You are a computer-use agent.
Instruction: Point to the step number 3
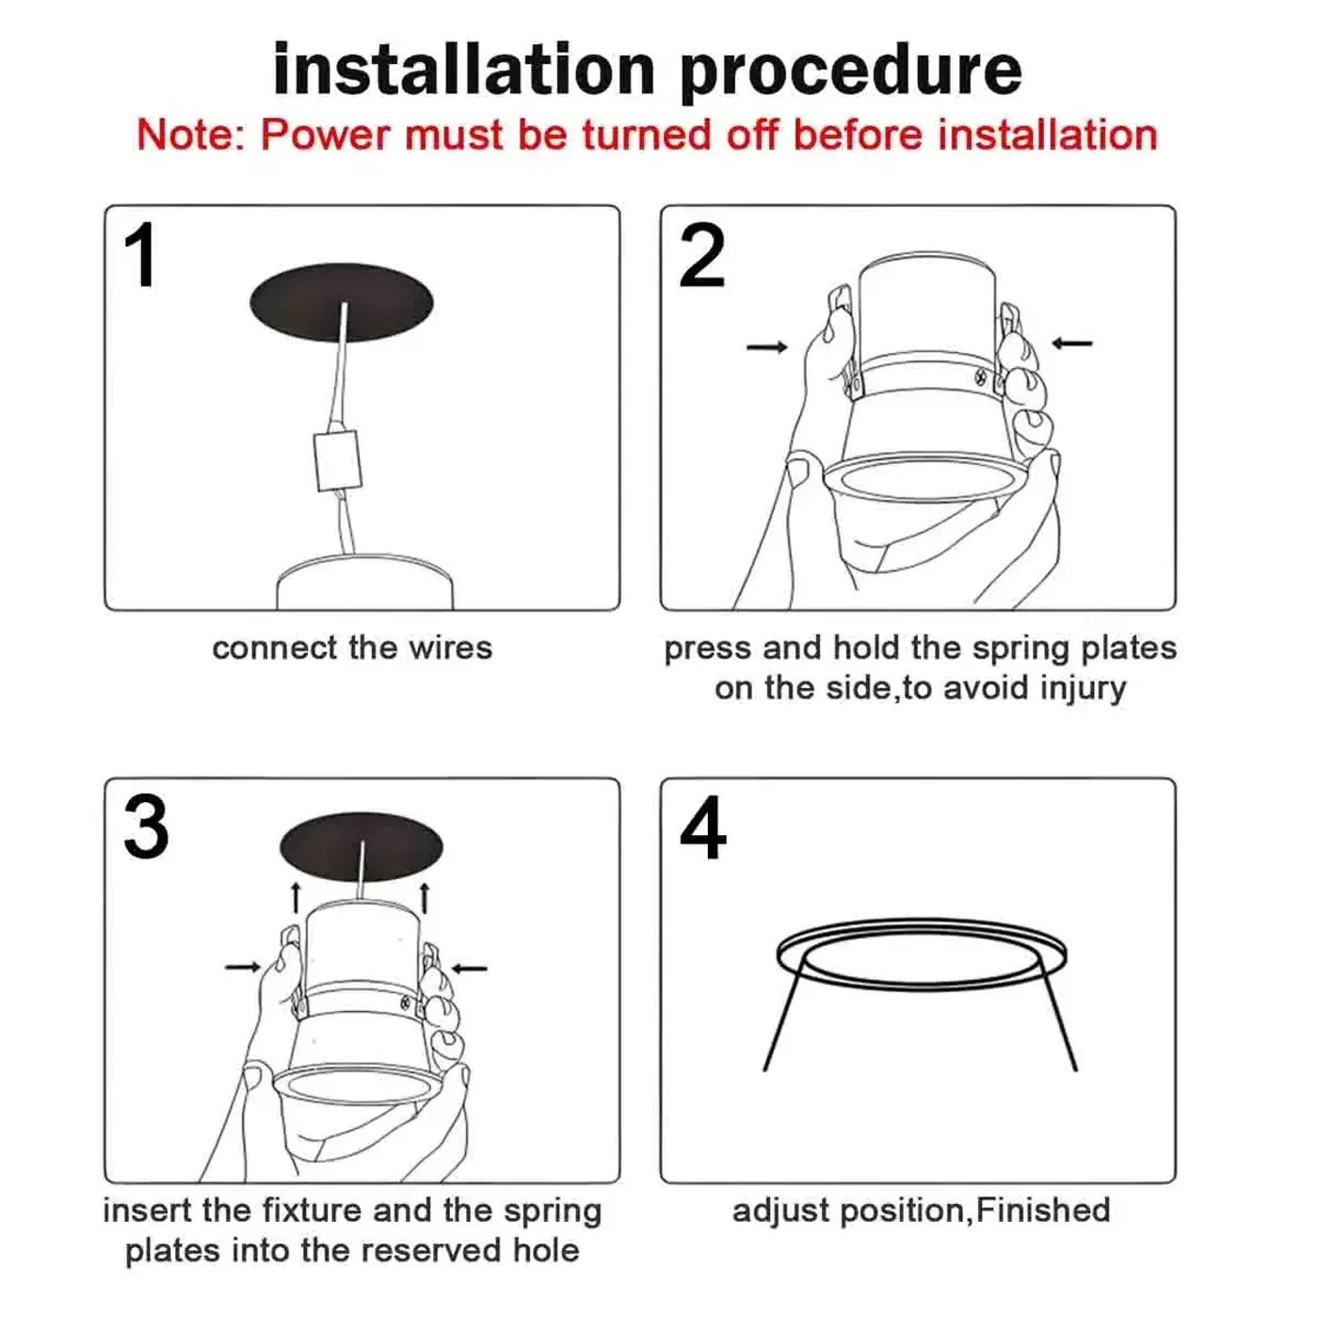146,828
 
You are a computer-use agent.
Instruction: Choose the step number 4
703,828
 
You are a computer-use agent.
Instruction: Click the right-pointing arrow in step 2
766,347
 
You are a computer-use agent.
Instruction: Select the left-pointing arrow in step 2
1071,343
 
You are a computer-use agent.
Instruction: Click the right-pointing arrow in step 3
243,967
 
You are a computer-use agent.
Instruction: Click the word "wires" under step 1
450,649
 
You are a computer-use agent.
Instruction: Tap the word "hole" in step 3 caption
546,1251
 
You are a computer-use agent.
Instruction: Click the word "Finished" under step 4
1042,1210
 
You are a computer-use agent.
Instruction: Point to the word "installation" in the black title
464,72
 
